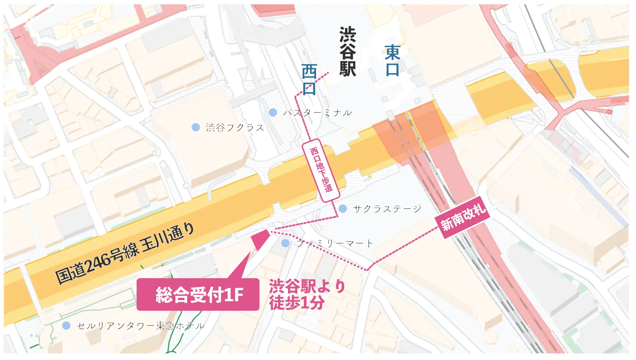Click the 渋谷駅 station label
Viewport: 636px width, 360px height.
coord(348,52)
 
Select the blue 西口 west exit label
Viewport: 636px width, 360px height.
coord(309,79)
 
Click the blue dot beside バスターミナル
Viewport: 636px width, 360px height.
coord(273,112)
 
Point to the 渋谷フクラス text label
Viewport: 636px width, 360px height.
coord(235,127)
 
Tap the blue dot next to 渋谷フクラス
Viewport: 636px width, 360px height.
coord(196,127)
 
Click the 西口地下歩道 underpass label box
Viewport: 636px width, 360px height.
coord(321,170)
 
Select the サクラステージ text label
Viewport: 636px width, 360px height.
coord(387,208)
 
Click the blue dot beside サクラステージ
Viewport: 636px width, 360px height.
coord(343,208)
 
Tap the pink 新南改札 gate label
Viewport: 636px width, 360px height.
coord(463,217)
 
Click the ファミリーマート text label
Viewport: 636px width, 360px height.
coord(334,243)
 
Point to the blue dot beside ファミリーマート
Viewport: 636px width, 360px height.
coord(285,243)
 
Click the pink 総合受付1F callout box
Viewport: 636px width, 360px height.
coord(198,294)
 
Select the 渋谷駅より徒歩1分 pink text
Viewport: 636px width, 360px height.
coord(306,294)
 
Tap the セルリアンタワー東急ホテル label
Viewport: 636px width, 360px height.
coord(141,326)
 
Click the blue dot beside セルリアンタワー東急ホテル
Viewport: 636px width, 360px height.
coord(66,326)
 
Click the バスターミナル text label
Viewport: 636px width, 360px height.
coord(317,113)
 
